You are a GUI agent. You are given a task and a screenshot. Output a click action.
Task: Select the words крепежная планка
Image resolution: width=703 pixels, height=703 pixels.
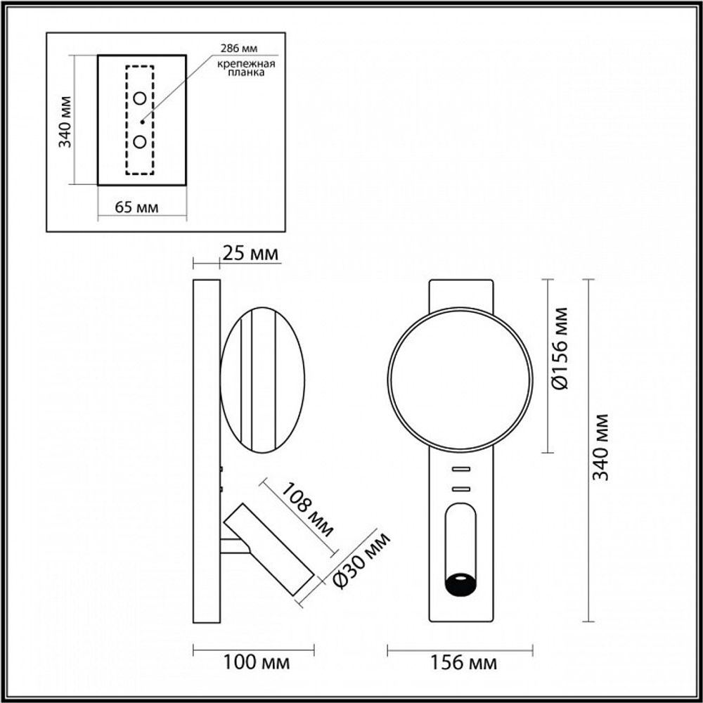click(x=246, y=68)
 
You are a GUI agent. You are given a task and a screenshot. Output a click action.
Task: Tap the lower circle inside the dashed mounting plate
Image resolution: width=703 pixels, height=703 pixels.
click(x=140, y=142)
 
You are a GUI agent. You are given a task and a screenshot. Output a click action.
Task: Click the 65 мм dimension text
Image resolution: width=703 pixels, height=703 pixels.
click(x=136, y=207)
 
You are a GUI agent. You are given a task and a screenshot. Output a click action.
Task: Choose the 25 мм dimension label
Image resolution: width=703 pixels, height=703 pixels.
click(x=250, y=253)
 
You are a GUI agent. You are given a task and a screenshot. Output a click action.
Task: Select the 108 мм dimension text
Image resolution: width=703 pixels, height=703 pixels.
click(x=308, y=508)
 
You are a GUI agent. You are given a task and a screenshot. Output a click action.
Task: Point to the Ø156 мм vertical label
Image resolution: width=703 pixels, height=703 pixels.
click(x=560, y=350)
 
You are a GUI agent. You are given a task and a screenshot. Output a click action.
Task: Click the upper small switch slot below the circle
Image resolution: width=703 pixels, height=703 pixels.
click(x=460, y=469)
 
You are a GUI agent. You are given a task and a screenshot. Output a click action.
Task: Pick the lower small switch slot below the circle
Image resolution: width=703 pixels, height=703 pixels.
click(x=460, y=487)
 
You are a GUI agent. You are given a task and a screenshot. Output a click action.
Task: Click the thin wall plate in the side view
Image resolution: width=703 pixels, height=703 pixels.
click(x=207, y=450)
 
